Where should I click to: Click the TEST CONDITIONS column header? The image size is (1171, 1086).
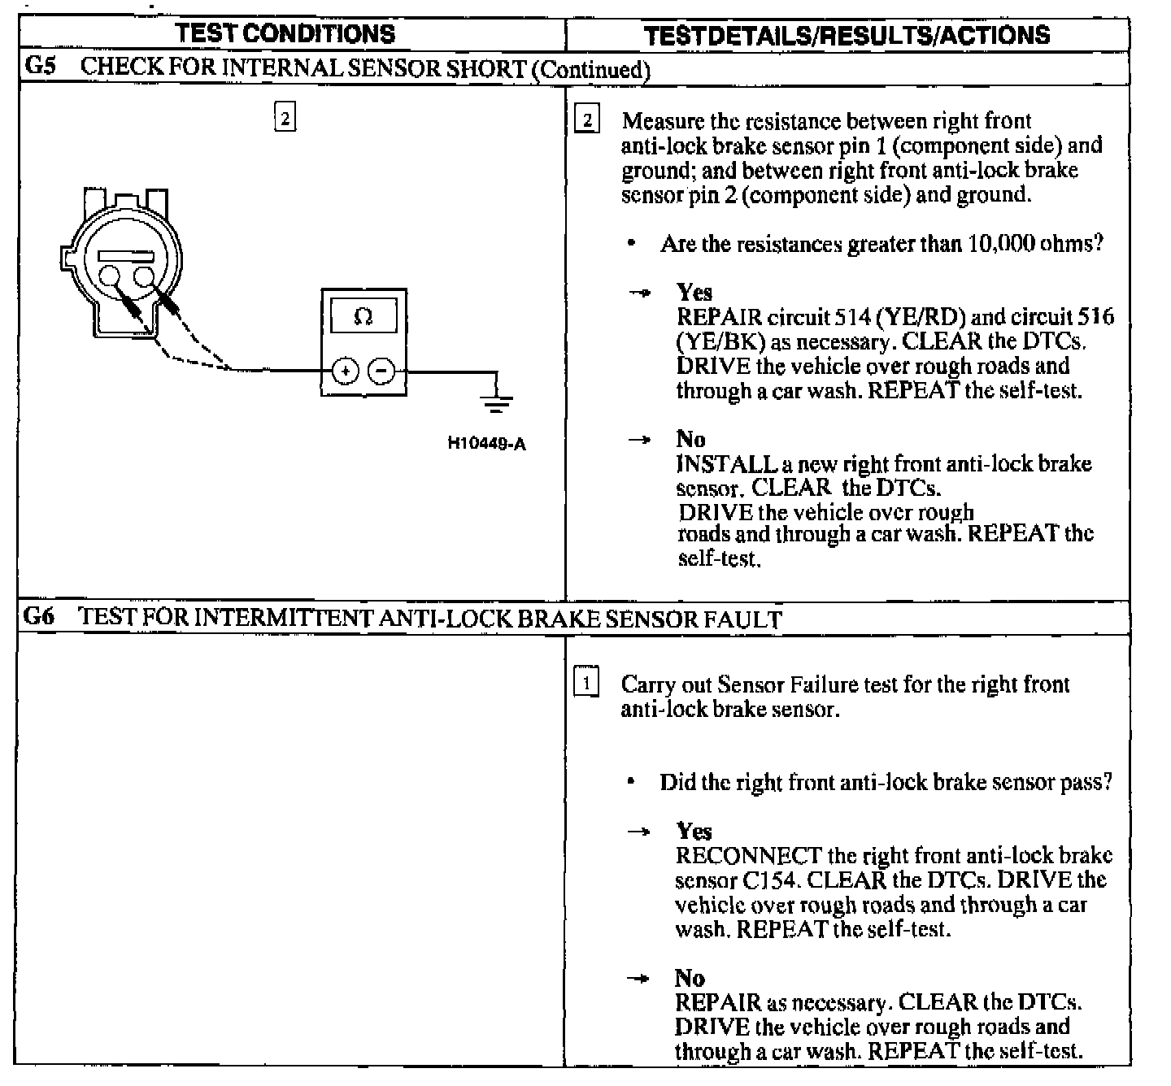click(285, 34)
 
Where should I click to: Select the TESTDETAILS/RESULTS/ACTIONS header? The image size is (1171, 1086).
click(847, 36)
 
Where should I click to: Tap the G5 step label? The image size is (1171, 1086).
click(40, 67)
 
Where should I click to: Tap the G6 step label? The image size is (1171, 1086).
click(38, 617)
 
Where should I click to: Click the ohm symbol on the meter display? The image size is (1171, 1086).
click(363, 316)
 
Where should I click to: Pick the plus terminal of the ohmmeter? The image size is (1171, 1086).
click(346, 371)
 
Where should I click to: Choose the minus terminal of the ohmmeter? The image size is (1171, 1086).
click(381, 371)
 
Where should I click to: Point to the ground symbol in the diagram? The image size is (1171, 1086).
click(496, 400)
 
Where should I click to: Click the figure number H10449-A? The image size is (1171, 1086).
click(486, 444)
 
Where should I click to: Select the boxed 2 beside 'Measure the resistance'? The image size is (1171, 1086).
click(586, 121)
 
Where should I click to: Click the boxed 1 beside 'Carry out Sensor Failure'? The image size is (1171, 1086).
click(586, 683)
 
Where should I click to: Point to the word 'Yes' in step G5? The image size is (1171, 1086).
click(694, 293)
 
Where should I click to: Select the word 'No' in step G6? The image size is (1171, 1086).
click(690, 978)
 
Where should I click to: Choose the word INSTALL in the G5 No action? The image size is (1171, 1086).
click(726, 464)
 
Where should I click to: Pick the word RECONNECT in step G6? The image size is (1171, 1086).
click(748, 856)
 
